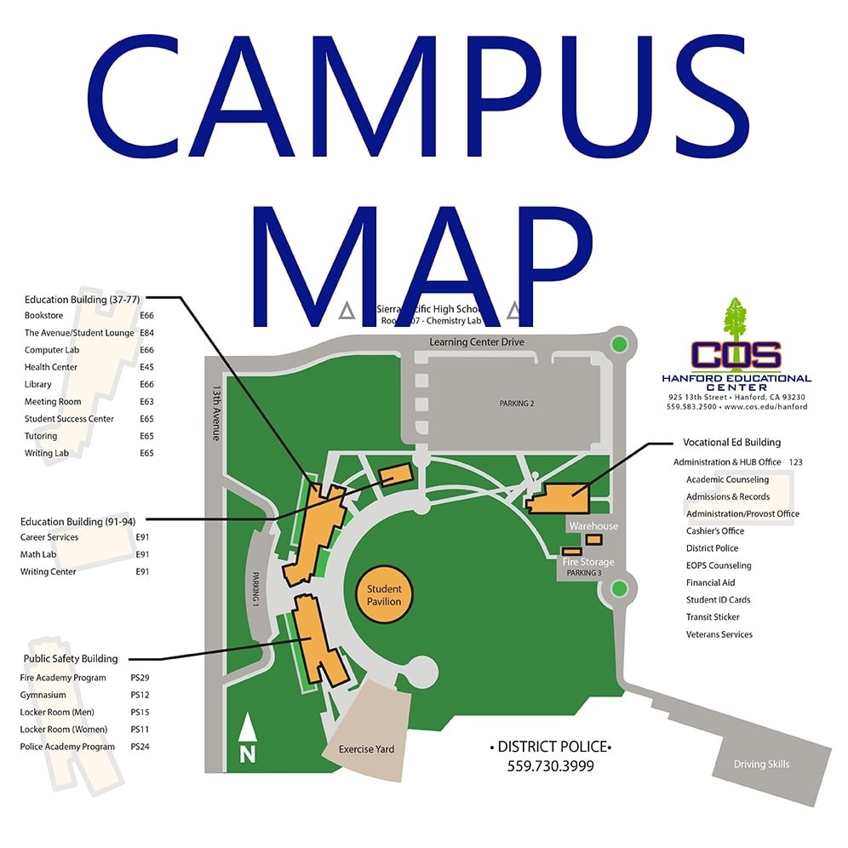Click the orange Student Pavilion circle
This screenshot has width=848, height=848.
(x=383, y=594)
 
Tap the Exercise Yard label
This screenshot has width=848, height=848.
(x=366, y=749)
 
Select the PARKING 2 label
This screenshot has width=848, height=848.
(x=516, y=404)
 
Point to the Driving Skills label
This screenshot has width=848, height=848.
(x=761, y=764)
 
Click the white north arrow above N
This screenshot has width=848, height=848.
(x=247, y=726)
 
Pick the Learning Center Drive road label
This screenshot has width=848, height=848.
(x=476, y=342)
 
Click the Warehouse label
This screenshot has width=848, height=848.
(x=593, y=526)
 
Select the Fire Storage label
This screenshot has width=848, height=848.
(x=587, y=562)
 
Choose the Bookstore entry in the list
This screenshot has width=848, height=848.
(x=43, y=316)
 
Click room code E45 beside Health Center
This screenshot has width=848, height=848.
(x=146, y=367)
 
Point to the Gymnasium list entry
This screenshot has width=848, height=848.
(x=43, y=695)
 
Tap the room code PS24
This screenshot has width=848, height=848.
(x=140, y=747)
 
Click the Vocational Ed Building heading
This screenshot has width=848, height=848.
(x=731, y=443)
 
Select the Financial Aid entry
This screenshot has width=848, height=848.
(x=710, y=583)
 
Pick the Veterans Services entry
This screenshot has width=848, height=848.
(x=719, y=634)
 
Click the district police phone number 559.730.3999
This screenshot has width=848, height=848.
(x=550, y=766)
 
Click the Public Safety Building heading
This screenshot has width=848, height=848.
(x=71, y=658)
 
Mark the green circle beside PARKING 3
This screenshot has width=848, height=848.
(x=619, y=587)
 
